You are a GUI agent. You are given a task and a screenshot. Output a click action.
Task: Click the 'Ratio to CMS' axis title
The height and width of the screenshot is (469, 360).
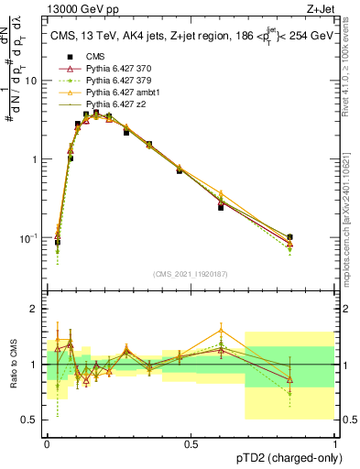[13, 365]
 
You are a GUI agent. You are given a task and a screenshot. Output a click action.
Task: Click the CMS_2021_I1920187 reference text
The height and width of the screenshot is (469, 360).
[191, 274]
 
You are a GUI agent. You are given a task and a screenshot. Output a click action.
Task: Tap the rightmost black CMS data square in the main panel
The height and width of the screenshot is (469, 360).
[289, 237]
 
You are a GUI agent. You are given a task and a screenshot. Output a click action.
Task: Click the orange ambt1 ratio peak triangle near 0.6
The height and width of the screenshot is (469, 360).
[221, 331]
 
